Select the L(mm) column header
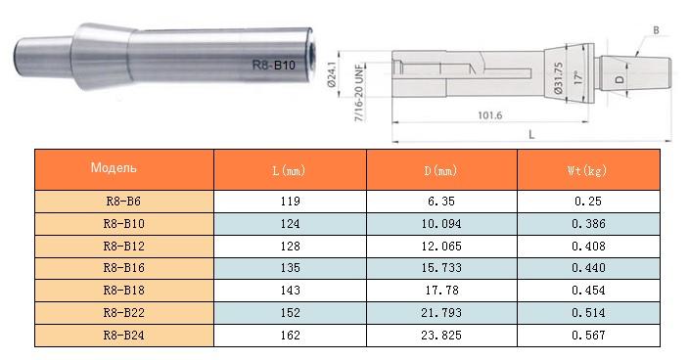pos(289,170)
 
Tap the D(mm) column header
pos(441,170)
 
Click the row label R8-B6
pos(124,201)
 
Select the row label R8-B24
pos(124,335)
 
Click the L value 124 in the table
pos(289,223)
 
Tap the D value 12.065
pos(441,246)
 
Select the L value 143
pos(289,291)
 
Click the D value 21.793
pos(441,313)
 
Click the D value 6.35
pos(441,201)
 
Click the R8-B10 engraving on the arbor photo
pos(274,67)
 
